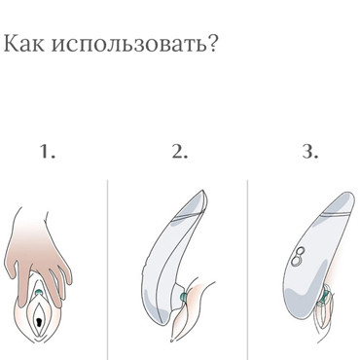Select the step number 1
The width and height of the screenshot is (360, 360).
(48, 152)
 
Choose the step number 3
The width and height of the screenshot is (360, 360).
(308, 152)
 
